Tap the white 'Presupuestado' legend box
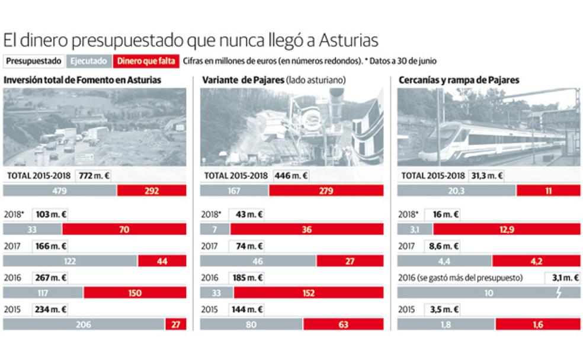(x=34, y=60)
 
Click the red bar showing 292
(x=152, y=191)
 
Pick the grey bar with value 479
(x=60, y=191)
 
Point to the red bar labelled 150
(x=134, y=292)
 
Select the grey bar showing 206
(x=84, y=324)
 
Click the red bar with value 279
(x=326, y=191)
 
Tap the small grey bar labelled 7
(x=214, y=229)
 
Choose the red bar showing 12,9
(x=505, y=229)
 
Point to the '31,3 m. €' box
(x=486, y=175)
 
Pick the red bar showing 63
(x=343, y=324)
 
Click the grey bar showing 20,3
(x=456, y=191)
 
